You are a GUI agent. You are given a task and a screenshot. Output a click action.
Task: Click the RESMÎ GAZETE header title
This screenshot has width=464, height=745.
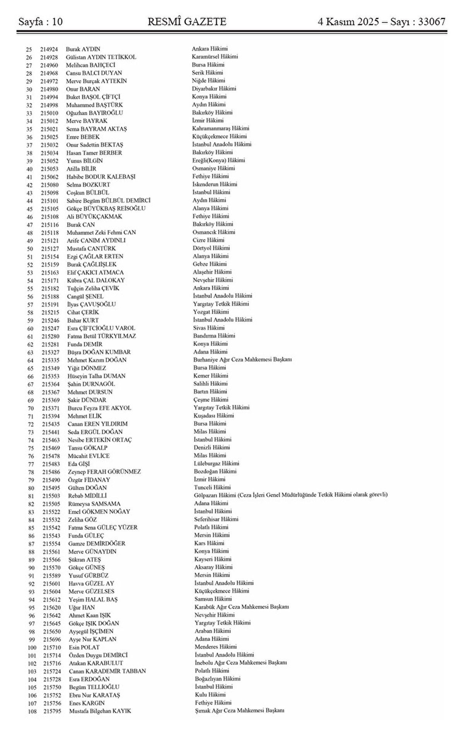187,22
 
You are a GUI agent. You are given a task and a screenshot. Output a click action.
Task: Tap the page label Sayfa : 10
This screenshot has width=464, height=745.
41,22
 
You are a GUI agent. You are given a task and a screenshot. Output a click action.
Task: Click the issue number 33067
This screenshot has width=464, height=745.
429,22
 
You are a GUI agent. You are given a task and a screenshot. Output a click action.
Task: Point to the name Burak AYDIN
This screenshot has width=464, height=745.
83,49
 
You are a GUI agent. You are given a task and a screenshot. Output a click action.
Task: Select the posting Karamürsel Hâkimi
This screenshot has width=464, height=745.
215,57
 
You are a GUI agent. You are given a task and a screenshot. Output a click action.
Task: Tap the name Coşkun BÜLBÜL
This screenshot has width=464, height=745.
88,192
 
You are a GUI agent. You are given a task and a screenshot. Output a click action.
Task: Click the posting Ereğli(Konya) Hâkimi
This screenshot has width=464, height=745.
218,160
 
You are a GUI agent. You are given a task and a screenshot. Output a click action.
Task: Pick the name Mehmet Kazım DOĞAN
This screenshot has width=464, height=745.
97,360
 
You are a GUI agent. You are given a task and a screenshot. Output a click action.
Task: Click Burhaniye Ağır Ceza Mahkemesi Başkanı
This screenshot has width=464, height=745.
242,359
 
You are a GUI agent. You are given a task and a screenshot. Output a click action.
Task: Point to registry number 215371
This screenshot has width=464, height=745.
51,408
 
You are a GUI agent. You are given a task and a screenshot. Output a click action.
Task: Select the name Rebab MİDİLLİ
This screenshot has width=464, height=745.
88,496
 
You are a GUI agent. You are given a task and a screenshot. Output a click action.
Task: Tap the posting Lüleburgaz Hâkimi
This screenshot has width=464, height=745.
217,463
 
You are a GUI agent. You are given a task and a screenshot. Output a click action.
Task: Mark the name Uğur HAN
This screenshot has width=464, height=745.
82,607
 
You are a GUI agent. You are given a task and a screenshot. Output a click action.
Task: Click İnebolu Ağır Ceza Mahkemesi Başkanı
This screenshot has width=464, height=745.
241,663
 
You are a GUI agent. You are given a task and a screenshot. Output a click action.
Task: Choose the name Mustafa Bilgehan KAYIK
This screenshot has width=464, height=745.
100,711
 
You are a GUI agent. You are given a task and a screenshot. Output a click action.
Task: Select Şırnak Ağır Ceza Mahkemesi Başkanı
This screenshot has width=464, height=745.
240,711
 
